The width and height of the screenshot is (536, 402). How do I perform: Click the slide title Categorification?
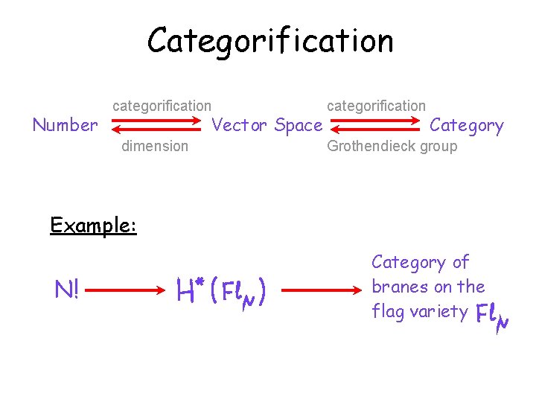[x=270, y=40]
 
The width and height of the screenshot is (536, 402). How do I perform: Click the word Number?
[x=65, y=125]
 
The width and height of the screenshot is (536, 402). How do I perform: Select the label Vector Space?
[x=267, y=125]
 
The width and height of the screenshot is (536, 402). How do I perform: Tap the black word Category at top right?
[x=467, y=125]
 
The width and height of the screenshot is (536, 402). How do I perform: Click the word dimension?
[x=155, y=146]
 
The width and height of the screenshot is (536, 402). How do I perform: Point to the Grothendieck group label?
[x=392, y=146]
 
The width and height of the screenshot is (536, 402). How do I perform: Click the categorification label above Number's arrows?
[x=162, y=106]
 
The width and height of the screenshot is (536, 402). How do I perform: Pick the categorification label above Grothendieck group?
[x=377, y=106]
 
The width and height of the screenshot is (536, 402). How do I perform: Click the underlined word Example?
[x=93, y=225]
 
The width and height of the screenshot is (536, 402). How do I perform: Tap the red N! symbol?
[x=67, y=289]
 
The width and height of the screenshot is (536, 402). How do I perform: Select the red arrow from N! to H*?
[x=124, y=288]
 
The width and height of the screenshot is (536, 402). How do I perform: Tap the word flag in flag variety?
[x=388, y=311]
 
